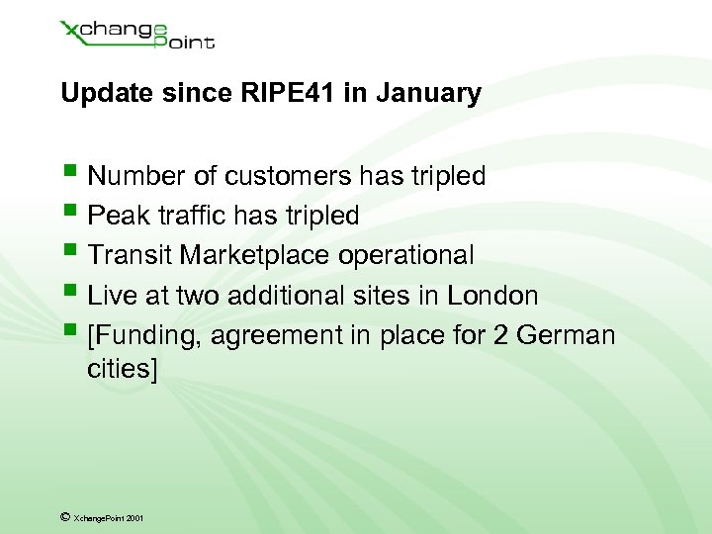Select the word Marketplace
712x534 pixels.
click(x=256, y=256)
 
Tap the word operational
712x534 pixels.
click(x=406, y=256)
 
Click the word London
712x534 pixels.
click(x=492, y=296)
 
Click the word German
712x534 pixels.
click(x=567, y=335)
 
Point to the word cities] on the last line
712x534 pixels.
click(x=123, y=369)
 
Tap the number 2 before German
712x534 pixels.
click(x=499, y=335)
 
